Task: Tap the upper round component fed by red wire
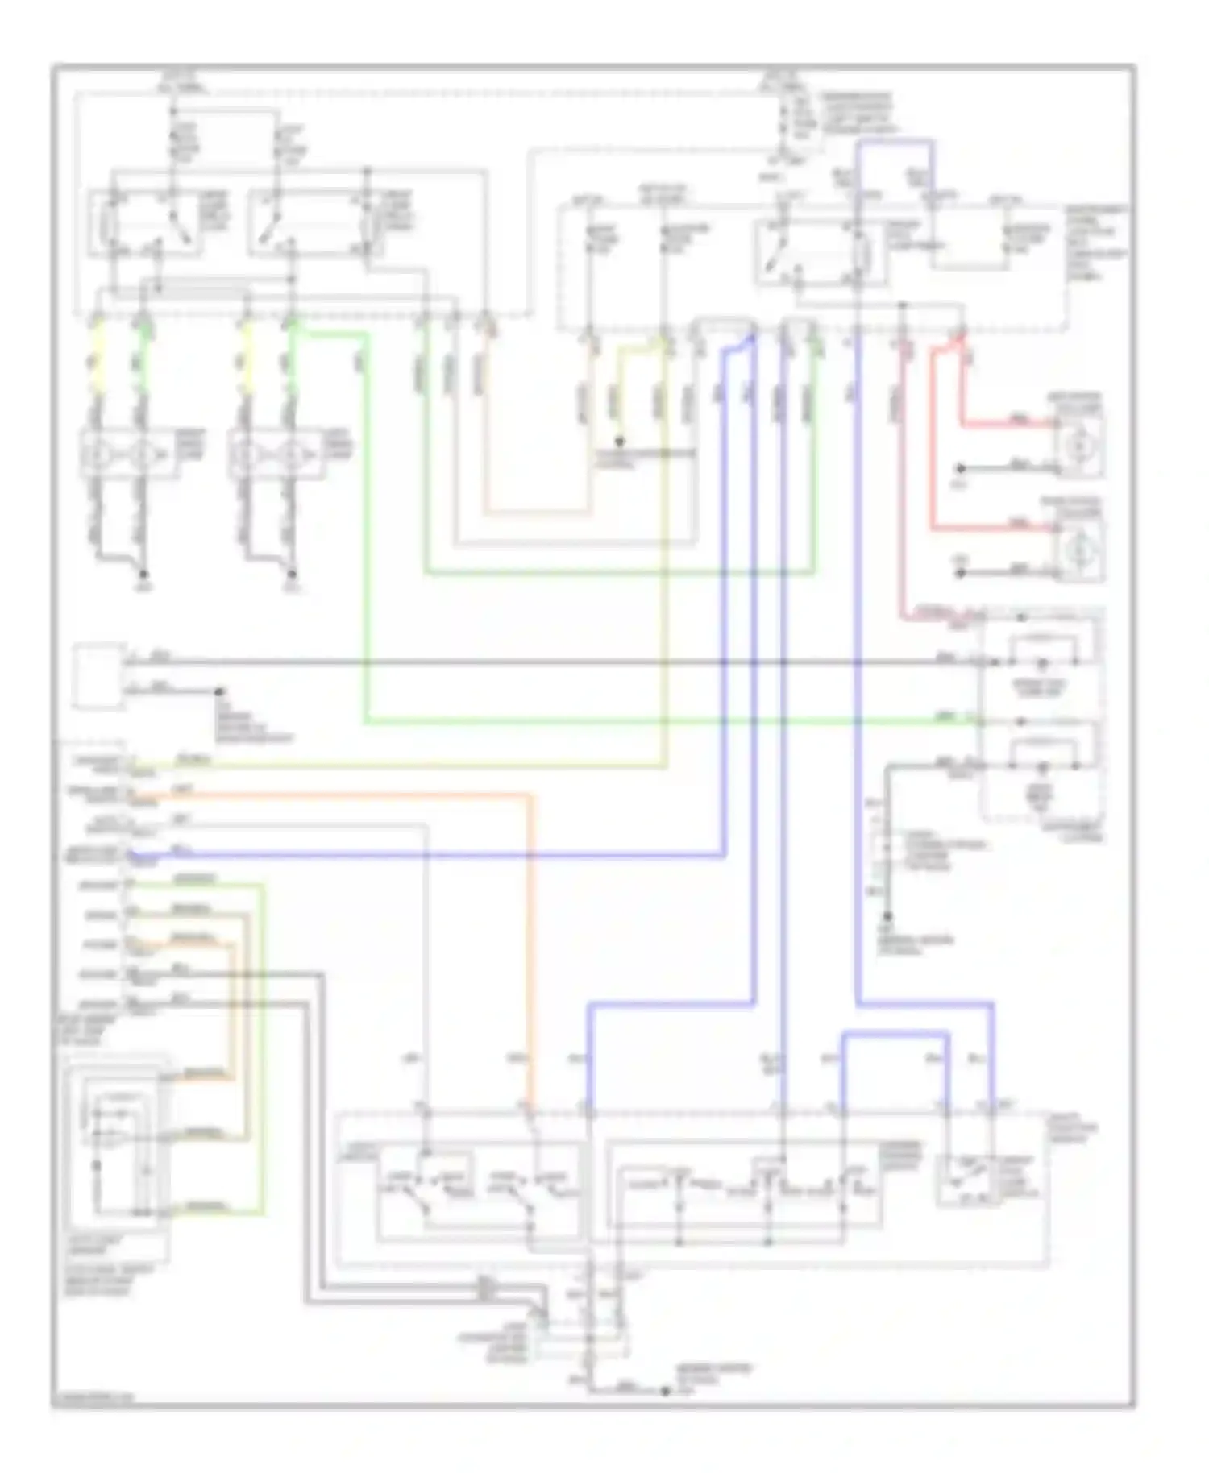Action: click(x=1078, y=444)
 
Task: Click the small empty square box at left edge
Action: click(x=98, y=675)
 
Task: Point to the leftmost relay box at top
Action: click(x=145, y=223)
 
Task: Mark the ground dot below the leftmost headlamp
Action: click(x=143, y=574)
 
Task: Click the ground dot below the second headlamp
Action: click(x=292, y=574)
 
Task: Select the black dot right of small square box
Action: click(x=219, y=691)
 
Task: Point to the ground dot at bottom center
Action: click(x=665, y=1392)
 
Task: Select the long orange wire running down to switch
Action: click(x=530, y=927)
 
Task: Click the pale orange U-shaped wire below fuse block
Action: click(x=536, y=511)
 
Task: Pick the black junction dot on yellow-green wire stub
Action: click(x=619, y=442)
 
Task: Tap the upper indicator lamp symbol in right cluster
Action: click(x=1041, y=662)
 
